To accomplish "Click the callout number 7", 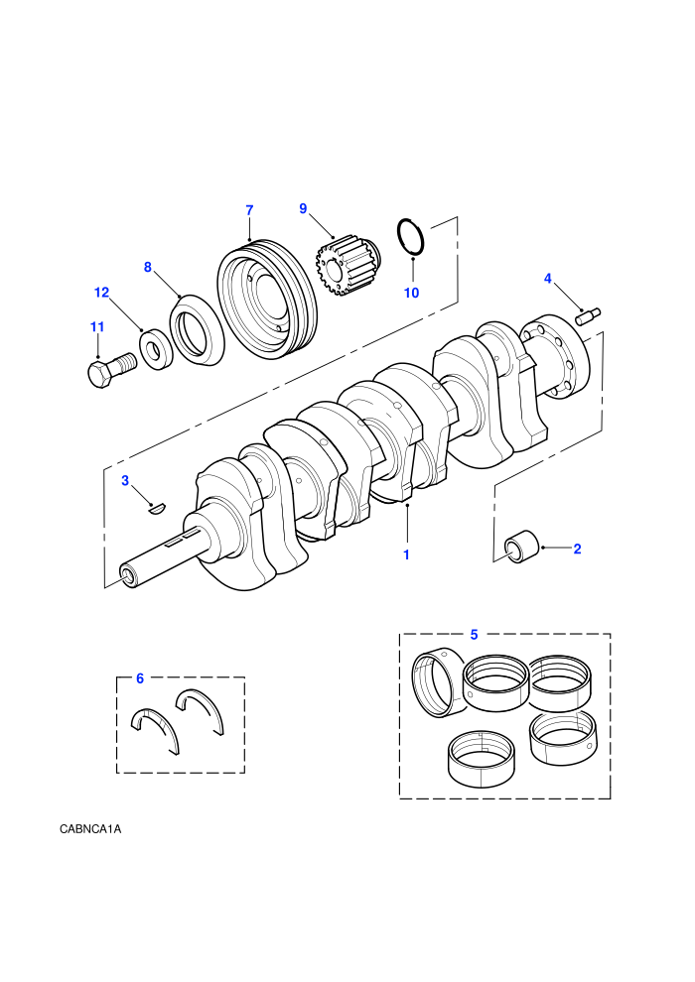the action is point(249,210).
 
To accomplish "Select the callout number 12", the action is point(101,293).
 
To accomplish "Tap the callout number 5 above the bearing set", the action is point(474,635).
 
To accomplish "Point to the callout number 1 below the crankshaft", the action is point(406,554).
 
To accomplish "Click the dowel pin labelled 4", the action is point(588,316).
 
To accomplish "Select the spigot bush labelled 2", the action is point(521,547).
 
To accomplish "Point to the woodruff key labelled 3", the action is point(156,509).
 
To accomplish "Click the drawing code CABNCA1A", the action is point(90,829).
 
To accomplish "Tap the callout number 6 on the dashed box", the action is point(140,678).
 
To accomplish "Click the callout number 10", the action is point(411,293).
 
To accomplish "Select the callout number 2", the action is point(577,549).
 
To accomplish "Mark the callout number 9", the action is point(304,208).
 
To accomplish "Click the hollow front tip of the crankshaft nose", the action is point(128,576).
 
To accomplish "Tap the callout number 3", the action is point(125,480).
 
